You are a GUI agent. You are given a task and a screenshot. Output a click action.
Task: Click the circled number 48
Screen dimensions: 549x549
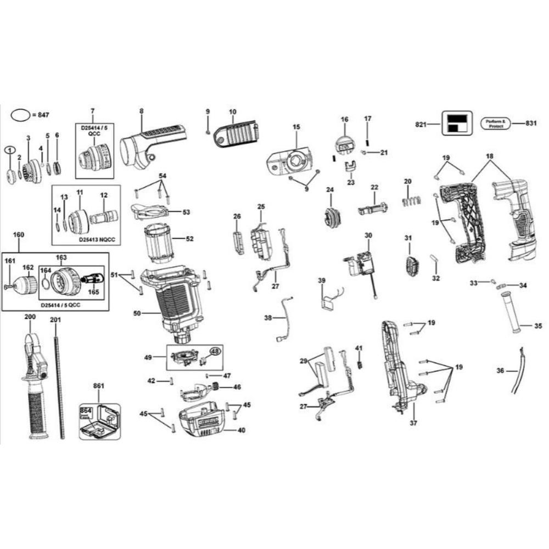(215, 351)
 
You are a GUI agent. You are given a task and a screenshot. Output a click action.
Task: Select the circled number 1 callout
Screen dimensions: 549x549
(10, 150)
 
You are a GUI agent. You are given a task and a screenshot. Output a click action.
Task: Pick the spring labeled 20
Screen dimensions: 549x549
(410, 200)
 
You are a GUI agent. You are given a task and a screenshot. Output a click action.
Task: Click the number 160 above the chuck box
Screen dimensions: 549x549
(18, 234)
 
